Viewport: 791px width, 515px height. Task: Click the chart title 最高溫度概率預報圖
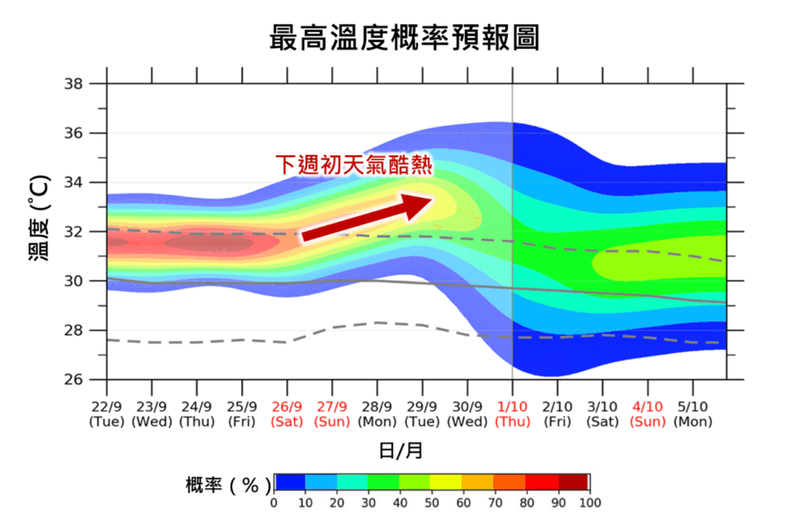coord(404,38)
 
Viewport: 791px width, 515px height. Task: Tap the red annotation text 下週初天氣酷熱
coord(354,165)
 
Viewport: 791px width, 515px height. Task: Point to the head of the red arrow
coord(432,199)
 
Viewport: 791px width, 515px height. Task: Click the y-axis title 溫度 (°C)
coord(38,217)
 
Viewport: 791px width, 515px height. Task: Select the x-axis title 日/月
coord(401,450)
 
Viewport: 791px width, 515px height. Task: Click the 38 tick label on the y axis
coord(73,84)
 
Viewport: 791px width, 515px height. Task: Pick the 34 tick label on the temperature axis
coord(73,182)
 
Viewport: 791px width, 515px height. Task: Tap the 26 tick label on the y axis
coord(73,380)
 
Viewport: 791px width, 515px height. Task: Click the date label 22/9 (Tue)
coord(107,414)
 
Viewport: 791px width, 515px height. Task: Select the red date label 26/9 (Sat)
coord(287,414)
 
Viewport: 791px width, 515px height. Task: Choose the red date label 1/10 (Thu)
coord(512,414)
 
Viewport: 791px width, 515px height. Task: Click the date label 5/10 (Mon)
coord(693,414)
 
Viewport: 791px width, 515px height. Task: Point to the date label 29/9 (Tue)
coord(422,414)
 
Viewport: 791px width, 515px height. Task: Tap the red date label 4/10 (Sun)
coord(647,414)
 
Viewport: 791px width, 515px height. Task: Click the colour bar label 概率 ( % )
coord(229,485)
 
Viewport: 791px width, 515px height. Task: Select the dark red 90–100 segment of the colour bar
coord(573,482)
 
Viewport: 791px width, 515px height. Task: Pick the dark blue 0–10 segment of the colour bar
coord(290,482)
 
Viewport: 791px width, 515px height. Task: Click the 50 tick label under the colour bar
coord(432,502)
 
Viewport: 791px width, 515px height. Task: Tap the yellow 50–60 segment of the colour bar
coord(446,482)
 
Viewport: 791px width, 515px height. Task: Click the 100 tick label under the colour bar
coord(590,502)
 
